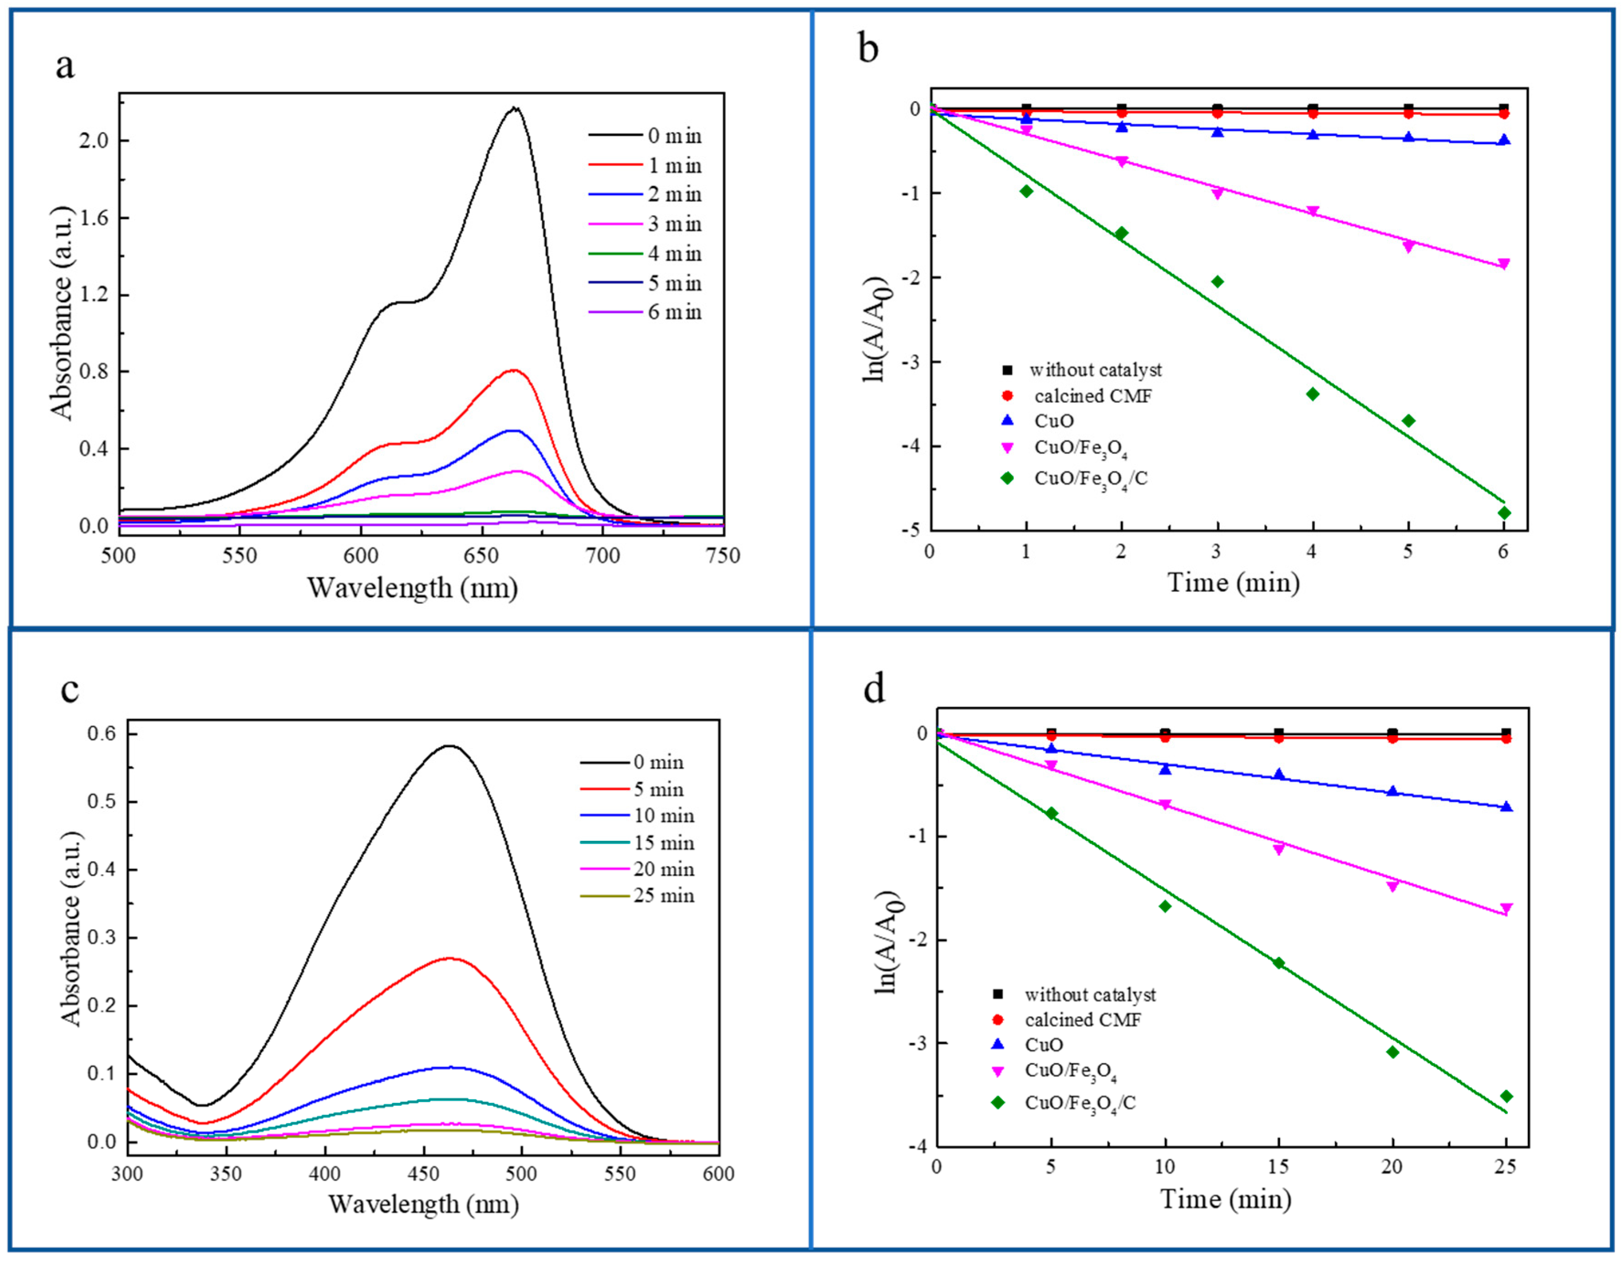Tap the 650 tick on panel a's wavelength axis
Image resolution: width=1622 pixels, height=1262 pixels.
click(482, 556)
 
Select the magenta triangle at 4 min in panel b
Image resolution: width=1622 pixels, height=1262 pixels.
click(1313, 212)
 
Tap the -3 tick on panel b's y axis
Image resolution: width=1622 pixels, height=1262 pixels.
click(911, 362)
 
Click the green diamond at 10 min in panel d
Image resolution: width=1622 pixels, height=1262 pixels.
click(1164, 906)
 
